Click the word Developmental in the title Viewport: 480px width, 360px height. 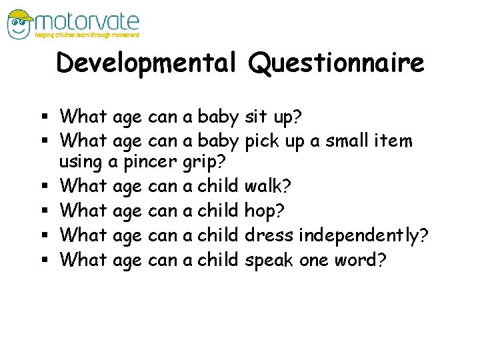pos(146,63)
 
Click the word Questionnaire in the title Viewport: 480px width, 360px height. pos(336,63)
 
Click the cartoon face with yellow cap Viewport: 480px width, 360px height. pos(21,23)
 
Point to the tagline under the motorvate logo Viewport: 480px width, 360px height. pos(89,35)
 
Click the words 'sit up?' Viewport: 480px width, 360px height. pos(273,117)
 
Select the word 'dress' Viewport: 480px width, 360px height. pos(269,236)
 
